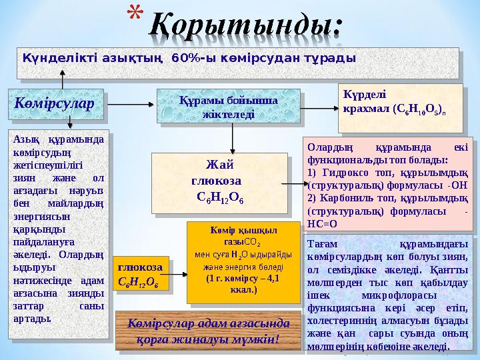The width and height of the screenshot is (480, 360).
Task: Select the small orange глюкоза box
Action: pyautogui.click(x=137, y=274)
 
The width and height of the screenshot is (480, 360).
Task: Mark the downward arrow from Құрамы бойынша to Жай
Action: pyautogui.click(x=232, y=137)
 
